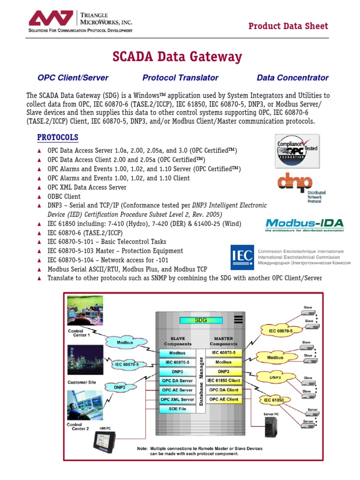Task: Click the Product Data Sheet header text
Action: pyautogui.click(x=288, y=26)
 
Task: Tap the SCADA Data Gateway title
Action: pyautogui.click(x=177, y=57)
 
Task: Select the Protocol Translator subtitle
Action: pyautogui.click(x=180, y=78)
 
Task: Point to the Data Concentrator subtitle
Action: pyautogui.click(x=292, y=78)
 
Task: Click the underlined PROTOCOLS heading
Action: pyautogui.click(x=58, y=137)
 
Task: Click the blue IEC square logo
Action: pyautogui.click(x=242, y=257)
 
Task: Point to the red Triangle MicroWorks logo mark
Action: pyautogui.click(x=51, y=19)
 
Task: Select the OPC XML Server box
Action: pyautogui.click(x=177, y=399)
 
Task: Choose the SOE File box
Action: pyautogui.click(x=177, y=409)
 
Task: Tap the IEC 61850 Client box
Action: pyautogui.click(x=224, y=381)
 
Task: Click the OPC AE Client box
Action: pyautogui.click(x=224, y=399)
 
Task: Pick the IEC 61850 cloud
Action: pyautogui.click(x=274, y=400)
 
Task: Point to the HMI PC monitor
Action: pyautogui.click(x=106, y=442)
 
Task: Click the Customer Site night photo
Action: pyautogui.click(x=84, y=361)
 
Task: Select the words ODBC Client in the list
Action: pyautogui.click(x=64, y=196)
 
